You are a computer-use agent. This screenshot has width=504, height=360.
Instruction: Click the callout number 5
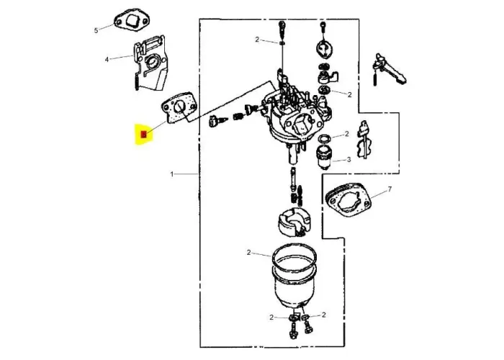[x=96, y=30]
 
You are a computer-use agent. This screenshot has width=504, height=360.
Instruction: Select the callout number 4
[x=107, y=59]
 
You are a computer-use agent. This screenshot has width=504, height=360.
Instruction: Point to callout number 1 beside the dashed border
[x=172, y=174]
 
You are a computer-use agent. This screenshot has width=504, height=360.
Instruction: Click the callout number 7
[x=390, y=189]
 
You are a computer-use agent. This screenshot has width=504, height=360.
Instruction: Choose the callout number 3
[x=349, y=160]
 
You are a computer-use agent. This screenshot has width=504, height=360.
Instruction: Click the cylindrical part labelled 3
[x=326, y=153]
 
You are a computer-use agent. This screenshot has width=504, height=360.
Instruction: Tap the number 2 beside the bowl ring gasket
[x=248, y=253]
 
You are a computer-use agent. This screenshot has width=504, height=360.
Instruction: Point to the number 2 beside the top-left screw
[x=256, y=40]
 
